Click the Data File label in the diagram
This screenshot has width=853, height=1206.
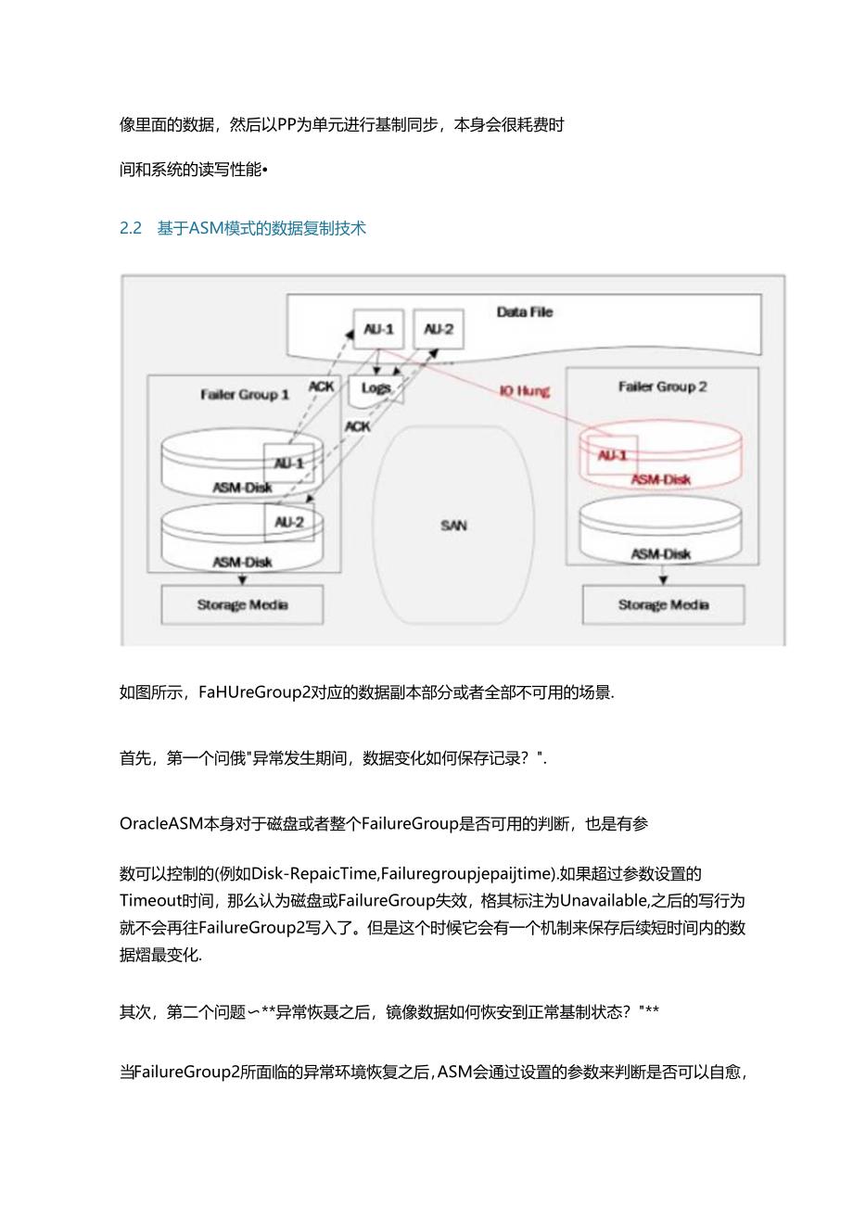click(524, 312)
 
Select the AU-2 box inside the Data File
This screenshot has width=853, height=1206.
click(438, 329)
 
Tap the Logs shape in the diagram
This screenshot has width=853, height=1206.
click(376, 388)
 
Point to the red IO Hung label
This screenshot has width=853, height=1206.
click(525, 391)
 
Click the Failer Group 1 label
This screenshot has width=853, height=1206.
click(245, 395)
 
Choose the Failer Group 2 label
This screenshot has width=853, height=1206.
click(662, 387)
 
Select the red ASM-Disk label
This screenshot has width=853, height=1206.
click(660, 479)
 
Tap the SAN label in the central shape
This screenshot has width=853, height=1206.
click(453, 526)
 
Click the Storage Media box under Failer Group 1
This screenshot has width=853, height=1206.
click(242, 605)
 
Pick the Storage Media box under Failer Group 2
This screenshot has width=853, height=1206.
click(663, 605)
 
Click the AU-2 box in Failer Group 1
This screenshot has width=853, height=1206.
click(289, 523)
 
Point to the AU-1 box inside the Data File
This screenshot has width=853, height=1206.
click(379, 329)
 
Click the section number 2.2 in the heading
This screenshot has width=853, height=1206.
click(130, 228)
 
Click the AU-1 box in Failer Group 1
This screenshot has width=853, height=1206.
click(289, 463)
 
